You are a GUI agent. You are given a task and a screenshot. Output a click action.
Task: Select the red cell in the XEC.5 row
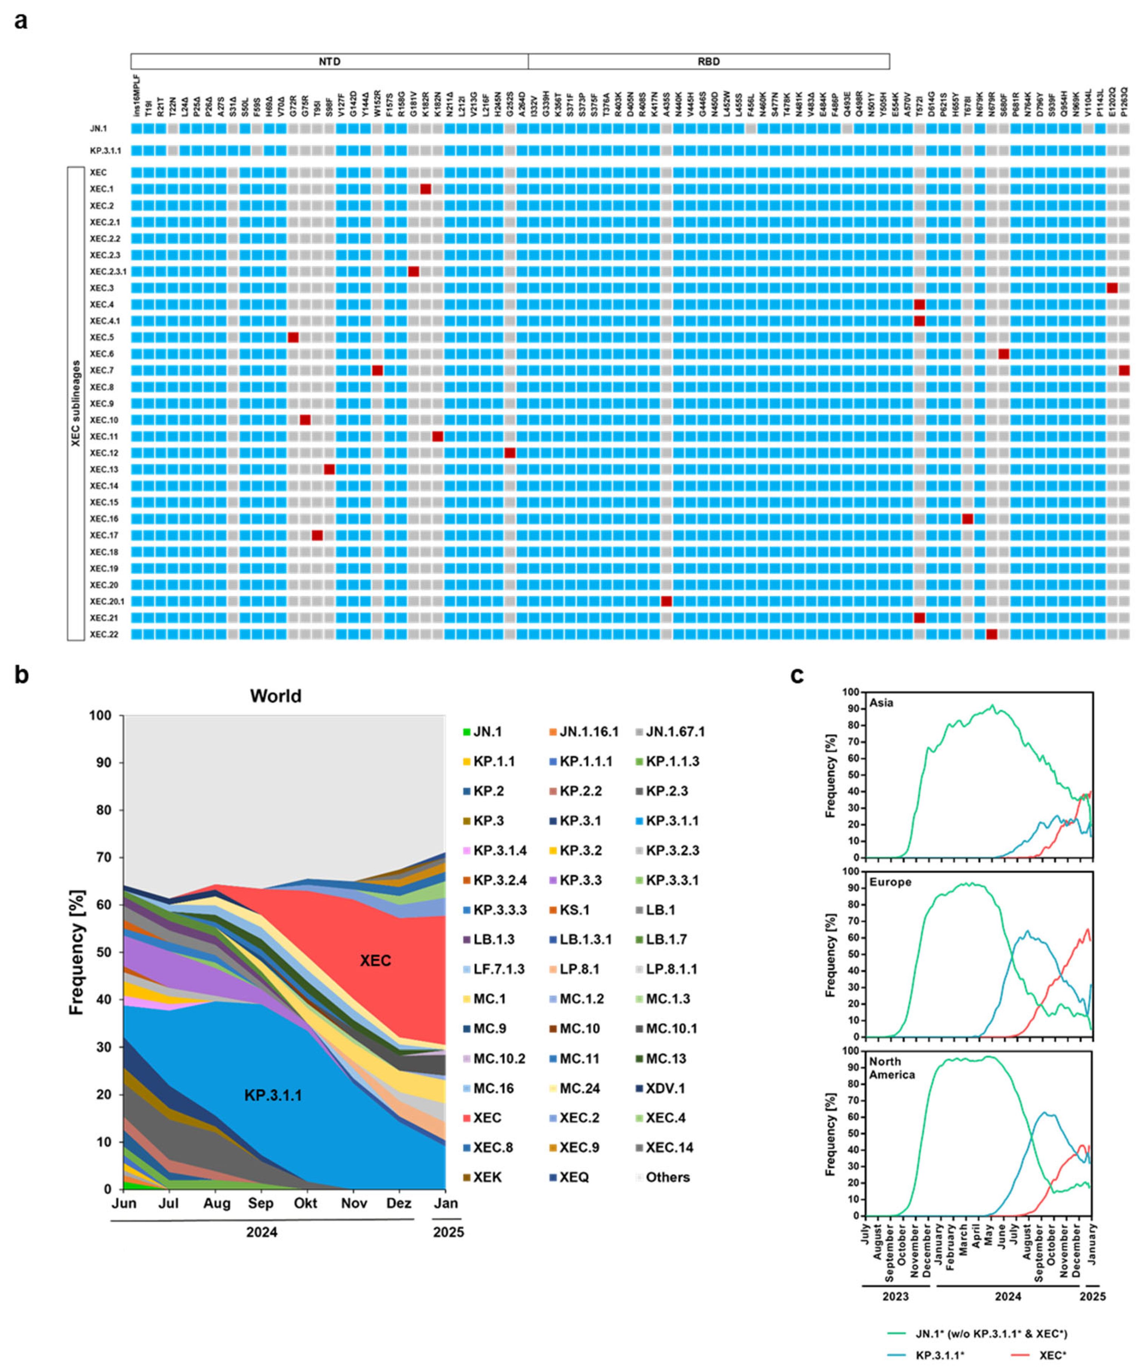point(293,337)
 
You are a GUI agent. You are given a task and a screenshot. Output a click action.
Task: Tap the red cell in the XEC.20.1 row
point(666,600)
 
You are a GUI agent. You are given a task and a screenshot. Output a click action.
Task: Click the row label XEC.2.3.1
point(108,271)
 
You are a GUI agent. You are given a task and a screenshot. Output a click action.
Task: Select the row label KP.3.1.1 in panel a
point(105,150)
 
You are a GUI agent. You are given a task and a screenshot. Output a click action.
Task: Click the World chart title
point(275,696)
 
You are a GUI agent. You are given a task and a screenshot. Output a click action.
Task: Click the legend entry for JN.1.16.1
point(589,732)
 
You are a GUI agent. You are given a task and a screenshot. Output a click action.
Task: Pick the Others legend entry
point(667,1177)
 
